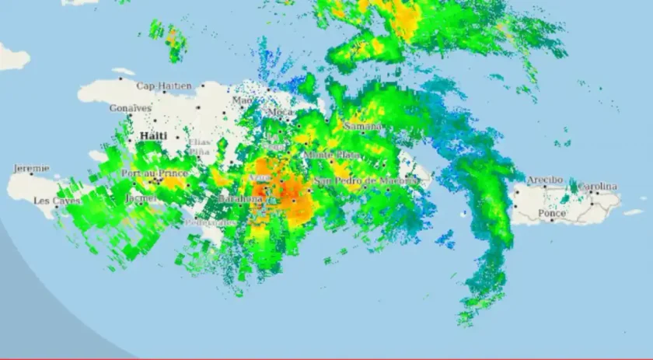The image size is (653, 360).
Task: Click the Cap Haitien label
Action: coord(164,86)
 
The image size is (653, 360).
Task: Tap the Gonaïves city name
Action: coord(130,108)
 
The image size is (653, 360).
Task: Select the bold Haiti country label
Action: coord(153,136)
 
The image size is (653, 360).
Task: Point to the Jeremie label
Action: coord(31,168)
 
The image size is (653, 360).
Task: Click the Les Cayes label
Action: coord(56,201)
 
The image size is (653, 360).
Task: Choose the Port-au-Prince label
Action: coord(155,173)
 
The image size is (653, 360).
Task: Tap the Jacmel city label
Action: coord(141,198)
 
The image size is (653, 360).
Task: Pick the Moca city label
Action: coord(280,113)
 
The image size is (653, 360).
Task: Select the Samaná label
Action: coord(362,125)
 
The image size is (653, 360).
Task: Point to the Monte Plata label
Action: coord(331,156)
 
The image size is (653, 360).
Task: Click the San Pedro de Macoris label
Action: coord(365,180)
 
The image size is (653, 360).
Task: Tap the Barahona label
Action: coord(241,199)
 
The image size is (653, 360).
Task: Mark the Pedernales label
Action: coord(211,222)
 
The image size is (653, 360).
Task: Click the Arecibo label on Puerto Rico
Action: coord(545,180)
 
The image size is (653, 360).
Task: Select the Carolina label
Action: coord(597,187)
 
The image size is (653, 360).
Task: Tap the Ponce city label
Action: coord(552,213)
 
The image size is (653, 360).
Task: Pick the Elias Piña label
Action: coord(199,147)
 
